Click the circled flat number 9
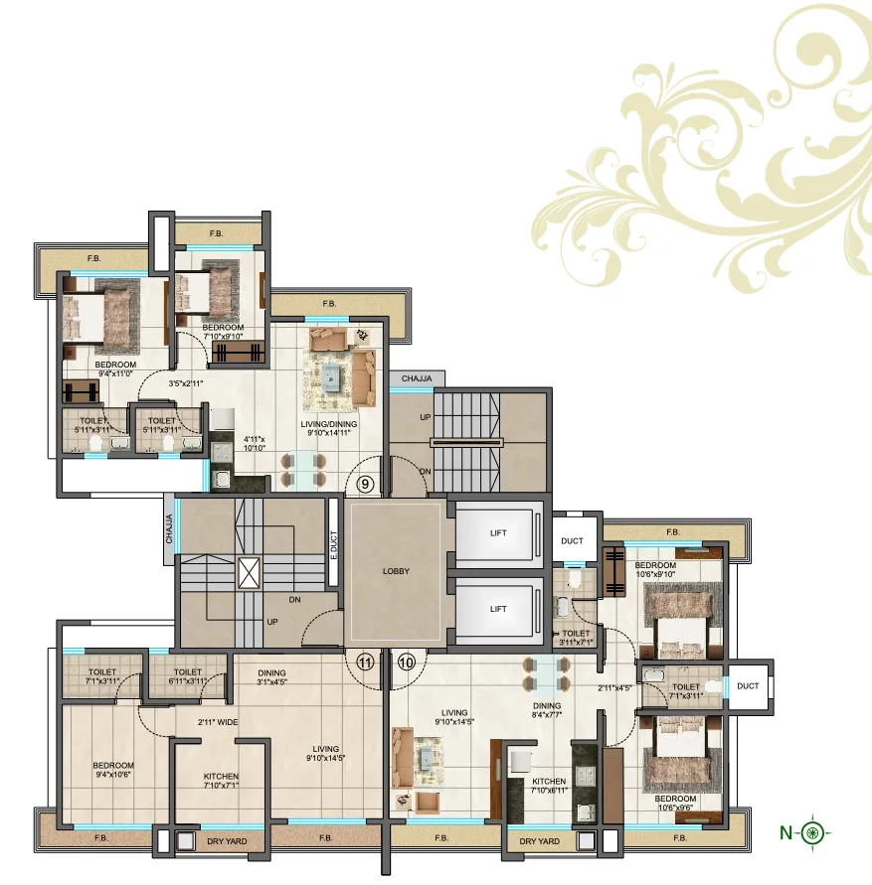pyautogui.click(x=366, y=486)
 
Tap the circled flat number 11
pyautogui.click(x=365, y=662)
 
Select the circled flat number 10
pyautogui.click(x=406, y=662)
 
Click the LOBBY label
pyautogui.click(x=397, y=571)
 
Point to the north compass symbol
pyautogui.click(x=813, y=831)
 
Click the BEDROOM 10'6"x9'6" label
pyautogui.click(x=675, y=804)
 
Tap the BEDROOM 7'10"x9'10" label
pyautogui.click(x=223, y=332)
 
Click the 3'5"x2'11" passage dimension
pyautogui.click(x=187, y=383)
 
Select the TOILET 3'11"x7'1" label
pyautogui.click(x=578, y=638)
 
